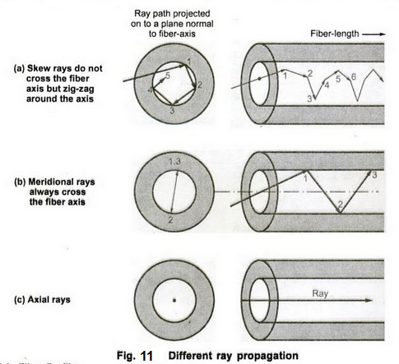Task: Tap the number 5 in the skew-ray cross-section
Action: click(x=168, y=75)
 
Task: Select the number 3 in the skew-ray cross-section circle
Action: click(x=171, y=110)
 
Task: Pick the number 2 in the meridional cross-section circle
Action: click(x=169, y=220)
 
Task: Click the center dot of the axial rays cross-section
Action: click(x=174, y=301)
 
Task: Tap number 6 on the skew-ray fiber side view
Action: click(x=353, y=76)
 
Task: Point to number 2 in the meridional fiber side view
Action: click(x=341, y=204)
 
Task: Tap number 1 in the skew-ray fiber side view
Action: click(x=285, y=76)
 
